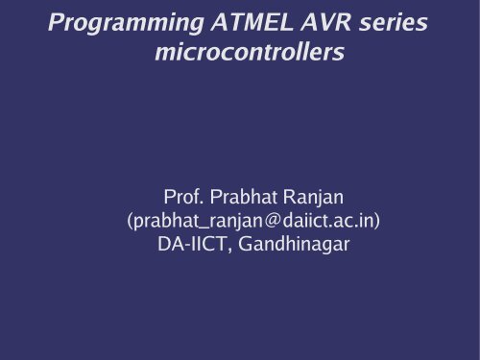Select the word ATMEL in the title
236,20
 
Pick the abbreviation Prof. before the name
186,199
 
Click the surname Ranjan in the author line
322,199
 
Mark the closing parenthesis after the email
378,222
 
